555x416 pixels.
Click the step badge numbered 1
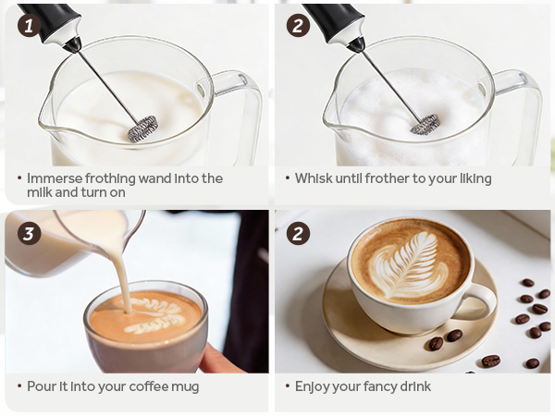coord(29,26)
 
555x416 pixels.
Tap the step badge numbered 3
coord(29,232)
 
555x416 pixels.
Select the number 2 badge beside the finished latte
coord(298,232)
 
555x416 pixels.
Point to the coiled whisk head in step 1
coord(142,128)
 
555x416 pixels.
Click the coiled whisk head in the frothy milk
coord(425,123)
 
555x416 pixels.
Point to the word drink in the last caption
coord(413,385)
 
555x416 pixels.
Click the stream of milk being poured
coord(120,268)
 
